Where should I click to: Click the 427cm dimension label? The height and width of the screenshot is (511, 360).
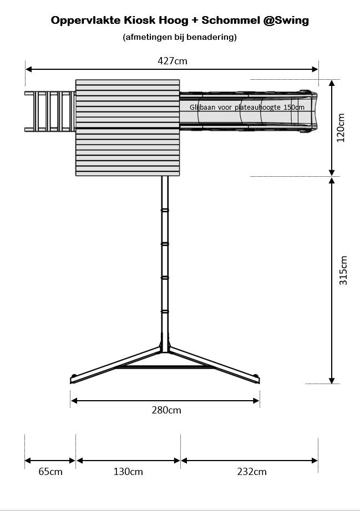pyautogui.click(x=173, y=60)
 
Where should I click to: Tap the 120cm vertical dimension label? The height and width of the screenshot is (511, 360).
pyautogui.click(x=341, y=127)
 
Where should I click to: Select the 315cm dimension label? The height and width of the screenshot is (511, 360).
pyautogui.click(x=343, y=270)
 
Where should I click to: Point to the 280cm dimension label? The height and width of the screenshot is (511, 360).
pyautogui.click(x=166, y=411)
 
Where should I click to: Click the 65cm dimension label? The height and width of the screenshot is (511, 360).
pyautogui.click(x=50, y=472)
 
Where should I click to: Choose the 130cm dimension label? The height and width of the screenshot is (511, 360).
pyautogui.click(x=128, y=472)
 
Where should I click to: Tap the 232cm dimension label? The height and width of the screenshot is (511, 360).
pyautogui.click(x=251, y=472)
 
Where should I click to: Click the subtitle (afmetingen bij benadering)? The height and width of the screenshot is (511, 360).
pyautogui.click(x=180, y=37)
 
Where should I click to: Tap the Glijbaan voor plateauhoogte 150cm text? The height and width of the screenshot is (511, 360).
pyautogui.click(x=247, y=107)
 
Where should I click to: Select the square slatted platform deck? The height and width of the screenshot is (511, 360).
pyautogui.click(x=128, y=127)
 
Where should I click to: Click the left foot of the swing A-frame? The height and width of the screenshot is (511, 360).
pyautogui.click(x=73, y=380)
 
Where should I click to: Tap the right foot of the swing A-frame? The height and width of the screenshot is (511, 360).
pyautogui.click(x=256, y=380)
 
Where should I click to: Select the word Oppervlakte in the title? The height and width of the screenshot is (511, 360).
pyautogui.click(x=86, y=21)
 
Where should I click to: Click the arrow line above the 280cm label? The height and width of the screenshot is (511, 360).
pyautogui.click(x=165, y=400)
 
